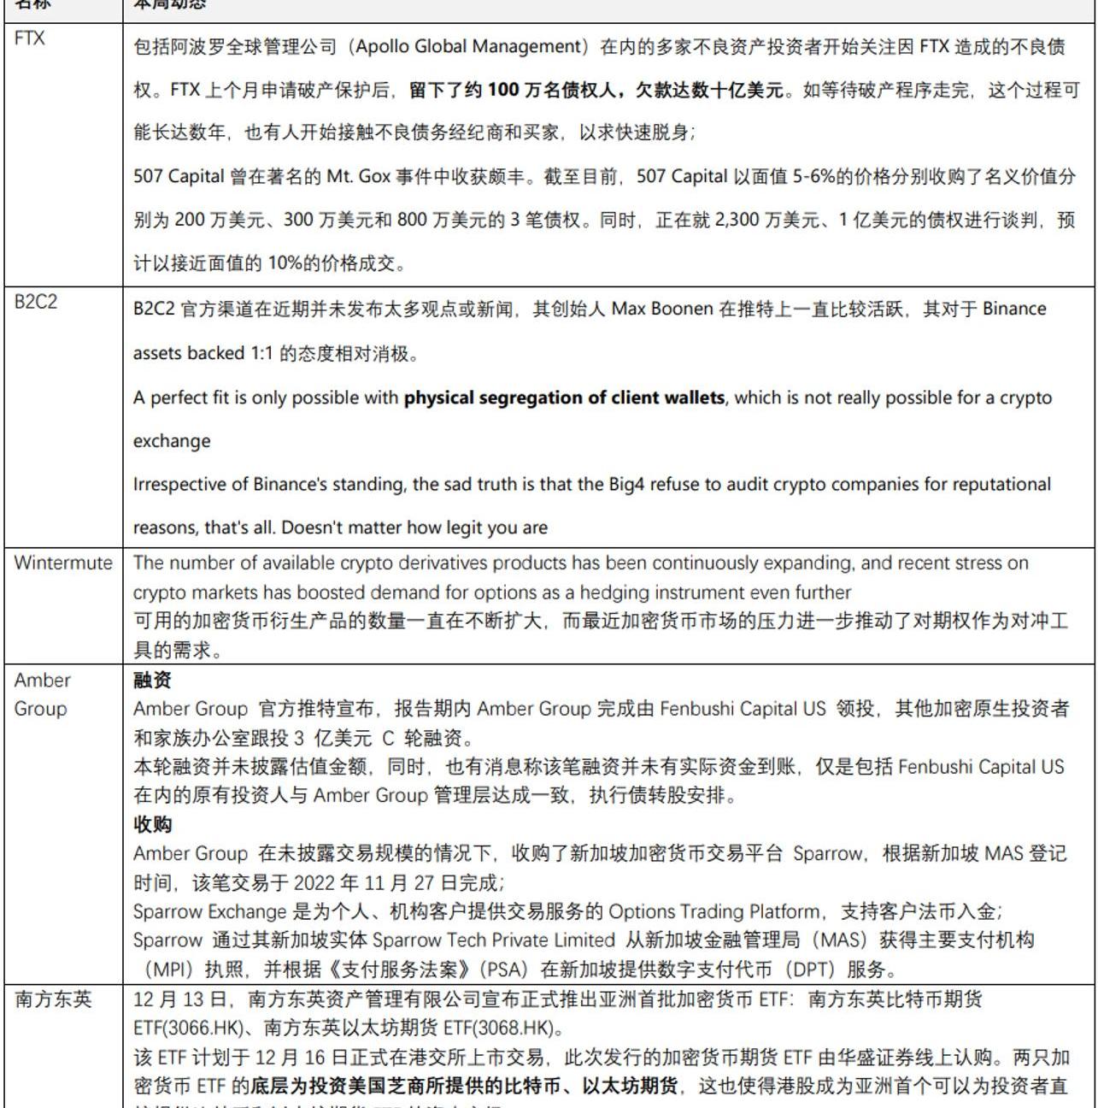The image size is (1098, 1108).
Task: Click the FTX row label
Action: [30, 38]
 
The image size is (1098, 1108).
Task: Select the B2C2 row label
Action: [36, 302]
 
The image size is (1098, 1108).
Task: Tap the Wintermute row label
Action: [63, 563]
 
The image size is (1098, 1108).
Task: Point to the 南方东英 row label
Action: [53, 999]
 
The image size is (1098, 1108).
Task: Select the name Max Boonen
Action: [661, 309]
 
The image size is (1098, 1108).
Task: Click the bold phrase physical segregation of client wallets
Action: [564, 398]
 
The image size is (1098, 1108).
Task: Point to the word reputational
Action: [997, 485]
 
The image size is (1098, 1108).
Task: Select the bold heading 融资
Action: [152, 681]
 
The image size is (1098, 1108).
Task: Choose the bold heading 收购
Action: [152, 825]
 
